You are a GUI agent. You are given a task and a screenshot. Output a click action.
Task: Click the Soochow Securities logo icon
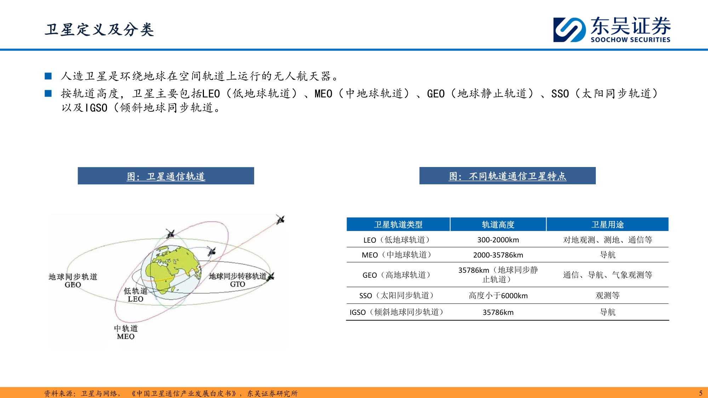click(569, 30)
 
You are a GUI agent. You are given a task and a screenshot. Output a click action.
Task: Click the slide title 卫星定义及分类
click(99, 30)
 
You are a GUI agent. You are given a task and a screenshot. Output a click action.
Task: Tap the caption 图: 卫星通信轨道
click(166, 176)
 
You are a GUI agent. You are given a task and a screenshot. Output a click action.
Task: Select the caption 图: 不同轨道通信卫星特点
click(507, 176)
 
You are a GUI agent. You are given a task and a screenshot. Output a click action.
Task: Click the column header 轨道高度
click(498, 225)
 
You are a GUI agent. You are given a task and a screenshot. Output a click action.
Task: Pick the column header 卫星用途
click(607, 225)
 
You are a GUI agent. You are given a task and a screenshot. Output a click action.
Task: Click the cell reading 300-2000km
click(498, 240)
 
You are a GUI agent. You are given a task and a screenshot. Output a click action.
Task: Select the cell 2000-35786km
click(498, 255)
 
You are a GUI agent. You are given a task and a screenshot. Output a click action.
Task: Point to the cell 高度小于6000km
click(498, 295)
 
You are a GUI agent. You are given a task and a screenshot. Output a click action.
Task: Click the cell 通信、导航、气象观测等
click(607, 275)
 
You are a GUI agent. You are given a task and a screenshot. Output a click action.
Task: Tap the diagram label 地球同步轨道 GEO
click(73, 281)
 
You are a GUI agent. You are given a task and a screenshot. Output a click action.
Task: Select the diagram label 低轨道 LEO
click(136, 295)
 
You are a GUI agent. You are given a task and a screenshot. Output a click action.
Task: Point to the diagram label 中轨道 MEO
click(126, 332)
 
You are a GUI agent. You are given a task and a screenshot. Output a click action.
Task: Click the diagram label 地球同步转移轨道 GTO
click(238, 280)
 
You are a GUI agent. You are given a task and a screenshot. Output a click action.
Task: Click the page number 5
click(701, 393)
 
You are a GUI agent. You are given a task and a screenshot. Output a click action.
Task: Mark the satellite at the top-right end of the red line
click(280, 220)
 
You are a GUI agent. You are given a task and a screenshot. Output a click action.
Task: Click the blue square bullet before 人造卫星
click(48, 76)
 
